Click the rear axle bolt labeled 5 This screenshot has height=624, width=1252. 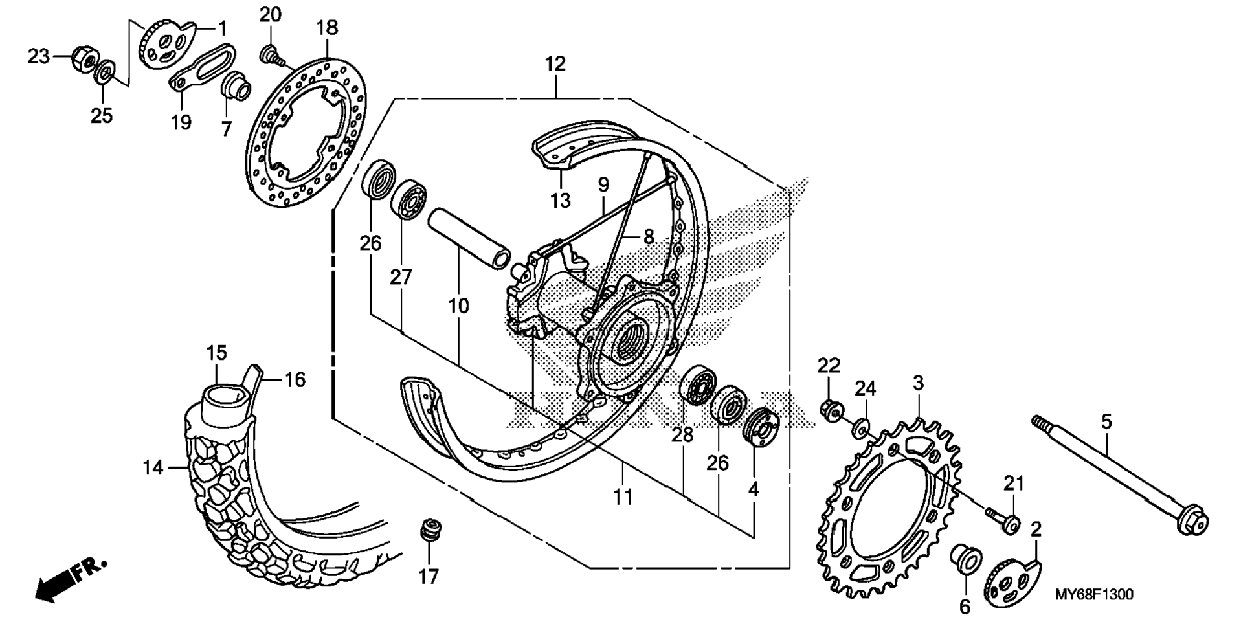1119,473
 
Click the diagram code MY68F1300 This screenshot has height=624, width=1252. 1094,594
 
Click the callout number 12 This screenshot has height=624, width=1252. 555,64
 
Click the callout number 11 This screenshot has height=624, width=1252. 623,497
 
